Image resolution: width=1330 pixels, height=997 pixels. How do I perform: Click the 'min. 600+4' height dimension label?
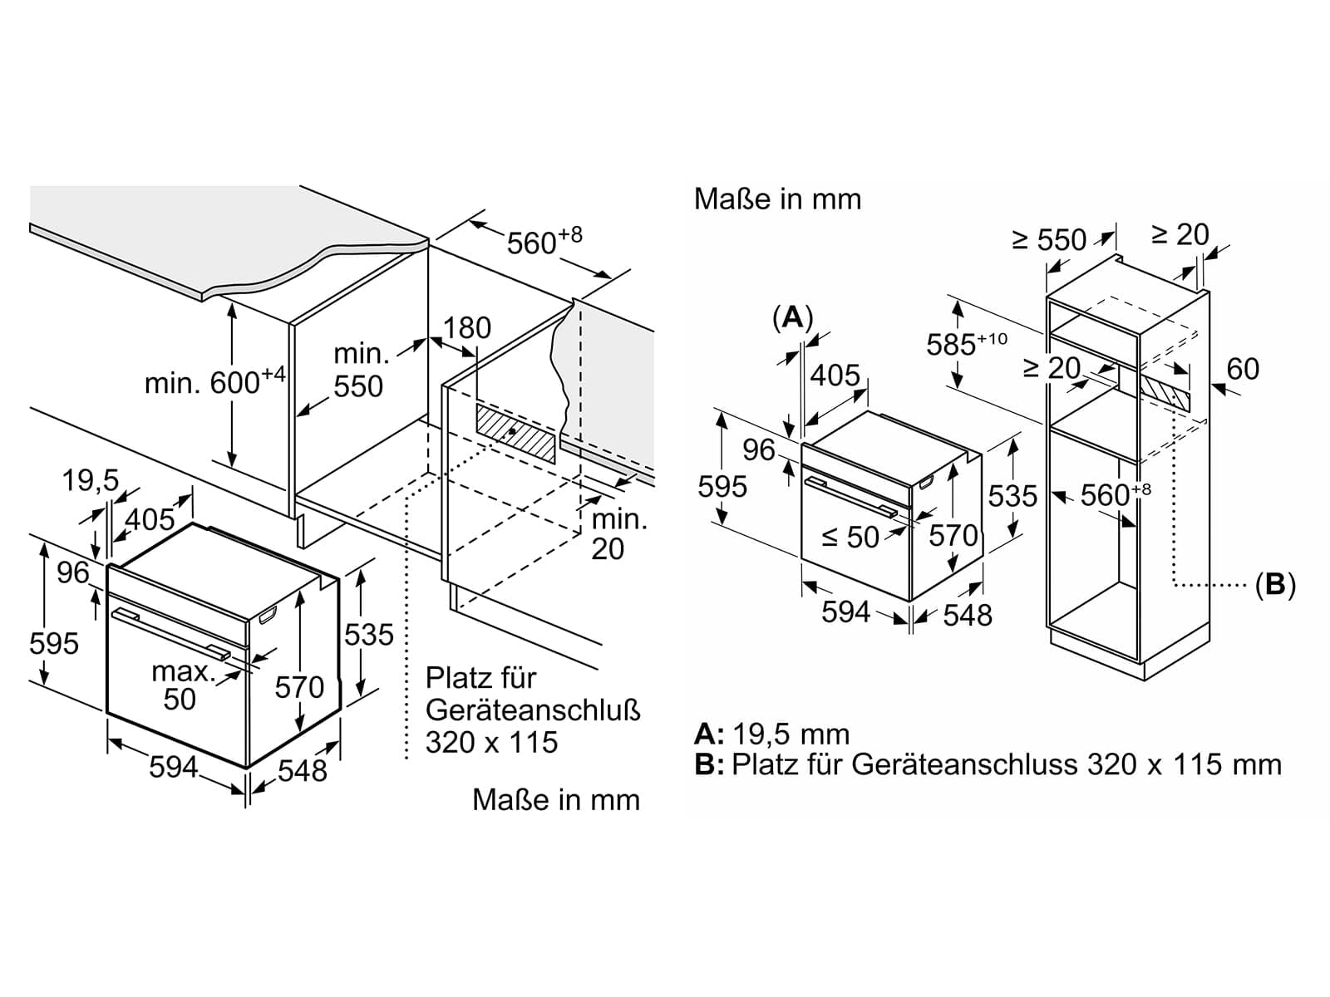pos(214,381)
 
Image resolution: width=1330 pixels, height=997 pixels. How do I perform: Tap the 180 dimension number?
pos(467,328)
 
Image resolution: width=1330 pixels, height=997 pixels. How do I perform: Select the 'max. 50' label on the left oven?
pos(183,685)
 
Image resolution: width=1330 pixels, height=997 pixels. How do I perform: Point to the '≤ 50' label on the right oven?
pos(850,537)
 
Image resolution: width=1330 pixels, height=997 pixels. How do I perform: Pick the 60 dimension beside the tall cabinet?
pos(1243,369)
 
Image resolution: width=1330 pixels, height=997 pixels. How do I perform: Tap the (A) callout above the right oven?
pos(792,317)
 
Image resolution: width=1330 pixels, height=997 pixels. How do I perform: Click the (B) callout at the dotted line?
pos(1275,585)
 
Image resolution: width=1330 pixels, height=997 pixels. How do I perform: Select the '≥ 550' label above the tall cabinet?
pos(1049,240)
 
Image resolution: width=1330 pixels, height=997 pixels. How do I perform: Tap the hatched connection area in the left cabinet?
pos(515,434)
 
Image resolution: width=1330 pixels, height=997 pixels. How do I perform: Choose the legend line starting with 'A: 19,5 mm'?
pos(772,734)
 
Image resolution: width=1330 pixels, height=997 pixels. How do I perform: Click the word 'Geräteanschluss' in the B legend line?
pos(964,764)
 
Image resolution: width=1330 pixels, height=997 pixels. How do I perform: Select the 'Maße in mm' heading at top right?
pos(777,199)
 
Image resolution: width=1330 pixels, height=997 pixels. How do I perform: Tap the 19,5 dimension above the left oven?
pos(91,481)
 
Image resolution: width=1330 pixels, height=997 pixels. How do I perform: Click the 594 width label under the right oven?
pos(845,612)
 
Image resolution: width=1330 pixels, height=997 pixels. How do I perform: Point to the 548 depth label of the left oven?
pos(303,771)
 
